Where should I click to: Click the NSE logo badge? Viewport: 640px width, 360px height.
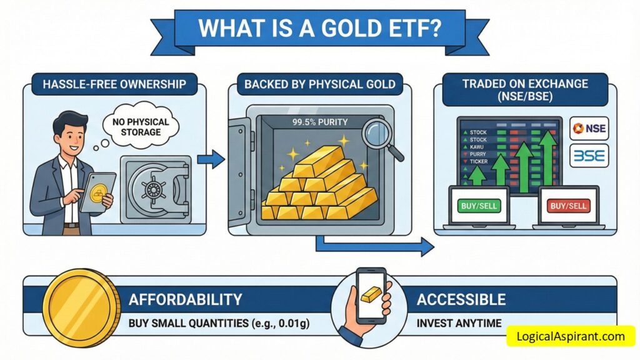[x=589, y=129]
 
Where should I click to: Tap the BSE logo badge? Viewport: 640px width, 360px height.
[x=589, y=156]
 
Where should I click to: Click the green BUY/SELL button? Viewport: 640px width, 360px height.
[x=479, y=206]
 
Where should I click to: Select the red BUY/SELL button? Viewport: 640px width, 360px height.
[x=568, y=206]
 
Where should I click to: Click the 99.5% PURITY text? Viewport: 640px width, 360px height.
[x=320, y=122]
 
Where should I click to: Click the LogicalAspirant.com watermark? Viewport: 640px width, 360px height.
[x=571, y=336]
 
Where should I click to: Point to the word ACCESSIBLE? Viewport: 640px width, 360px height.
[x=461, y=299]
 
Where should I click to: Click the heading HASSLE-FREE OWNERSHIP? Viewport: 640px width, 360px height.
[x=114, y=84]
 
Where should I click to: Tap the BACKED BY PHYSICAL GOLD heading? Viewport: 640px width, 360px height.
[x=320, y=84]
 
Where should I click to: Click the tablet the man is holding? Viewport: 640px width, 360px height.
[x=98, y=192]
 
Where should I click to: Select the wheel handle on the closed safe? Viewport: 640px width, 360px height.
[x=154, y=189]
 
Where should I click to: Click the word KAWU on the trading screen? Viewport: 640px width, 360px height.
[x=476, y=147]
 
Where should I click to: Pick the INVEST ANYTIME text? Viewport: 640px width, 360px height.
[x=459, y=324]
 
